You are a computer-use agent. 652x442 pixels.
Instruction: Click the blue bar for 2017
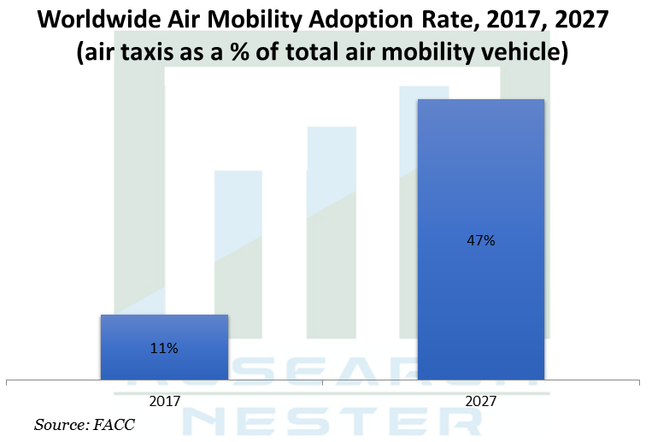click(164, 346)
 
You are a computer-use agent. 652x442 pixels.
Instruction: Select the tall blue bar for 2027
click(480, 239)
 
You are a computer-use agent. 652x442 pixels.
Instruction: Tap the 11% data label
click(164, 348)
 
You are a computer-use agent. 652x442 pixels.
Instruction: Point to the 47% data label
click(480, 240)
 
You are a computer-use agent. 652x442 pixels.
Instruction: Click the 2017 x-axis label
click(164, 398)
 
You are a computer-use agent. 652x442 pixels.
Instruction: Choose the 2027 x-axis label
click(480, 398)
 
